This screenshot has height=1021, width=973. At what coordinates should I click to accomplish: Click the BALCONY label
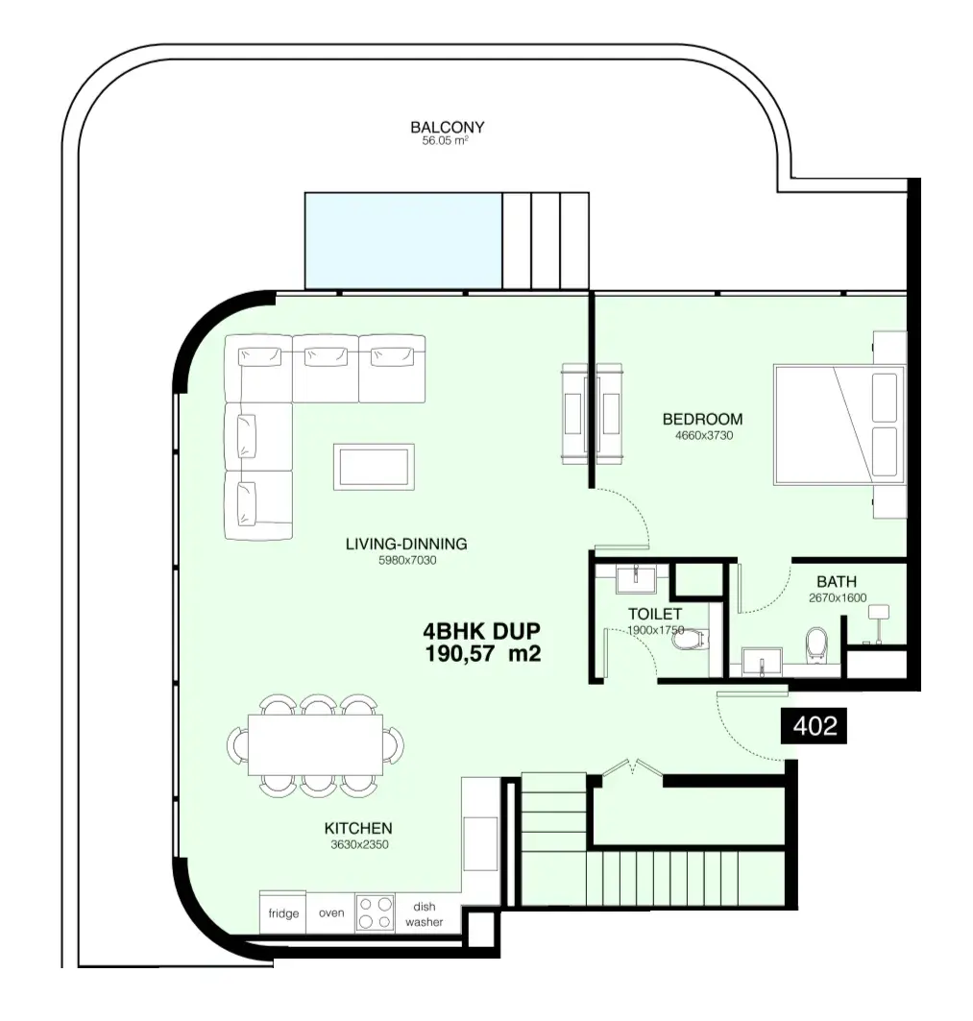[x=447, y=127]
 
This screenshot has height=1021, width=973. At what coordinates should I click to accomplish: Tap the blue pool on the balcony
[x=403, y=240]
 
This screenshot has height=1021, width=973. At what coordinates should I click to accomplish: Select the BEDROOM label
[x=702, y=419]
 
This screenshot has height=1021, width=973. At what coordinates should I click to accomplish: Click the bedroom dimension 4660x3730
[x=704, y=436]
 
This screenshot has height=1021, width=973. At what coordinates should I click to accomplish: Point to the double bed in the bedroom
[x=839, y=425]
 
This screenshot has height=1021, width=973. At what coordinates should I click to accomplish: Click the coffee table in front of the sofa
[x=374, y=466]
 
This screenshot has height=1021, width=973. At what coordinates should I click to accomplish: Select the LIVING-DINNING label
[x=406, y=544]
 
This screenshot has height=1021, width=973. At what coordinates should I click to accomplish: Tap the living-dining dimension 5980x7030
[x=407, y=560]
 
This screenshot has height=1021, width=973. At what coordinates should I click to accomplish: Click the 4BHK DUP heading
[x=482, y=631]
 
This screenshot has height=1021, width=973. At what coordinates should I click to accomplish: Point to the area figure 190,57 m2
[x=482, y=653]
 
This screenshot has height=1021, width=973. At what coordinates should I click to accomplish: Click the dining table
[x=315, y=745]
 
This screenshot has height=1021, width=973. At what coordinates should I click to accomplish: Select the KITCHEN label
[x=358, y=828]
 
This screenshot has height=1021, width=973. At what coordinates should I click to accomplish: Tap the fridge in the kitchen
[x=283, y=912]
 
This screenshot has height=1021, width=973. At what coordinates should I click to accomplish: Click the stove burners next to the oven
[x=376, y=912]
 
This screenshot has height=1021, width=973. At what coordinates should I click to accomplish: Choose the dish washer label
[x=424, y=914]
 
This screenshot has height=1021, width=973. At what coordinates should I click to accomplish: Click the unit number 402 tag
[x=815, y=725]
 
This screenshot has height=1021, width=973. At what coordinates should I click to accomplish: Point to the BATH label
[x=837, y=581]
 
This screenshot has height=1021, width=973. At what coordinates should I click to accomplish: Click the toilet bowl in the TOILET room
[x=691, y=640]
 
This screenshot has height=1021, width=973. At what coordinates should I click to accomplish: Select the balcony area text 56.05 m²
[x=445, y=140]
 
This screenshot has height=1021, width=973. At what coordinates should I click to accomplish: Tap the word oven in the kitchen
[x=331, y=912]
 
